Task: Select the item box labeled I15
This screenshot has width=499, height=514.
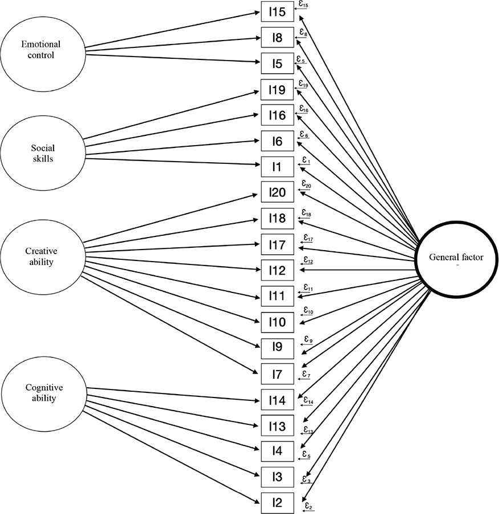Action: click(x=277, y=12)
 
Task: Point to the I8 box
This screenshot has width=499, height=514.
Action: click(x=277, y=38)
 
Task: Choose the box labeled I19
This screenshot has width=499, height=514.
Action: click(x=277, y=90)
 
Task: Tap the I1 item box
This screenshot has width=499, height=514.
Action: click(x=277, y=167)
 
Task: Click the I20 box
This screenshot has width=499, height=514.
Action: click(x=277, y=193)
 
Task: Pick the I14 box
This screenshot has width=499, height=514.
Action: click(x=277, y=399)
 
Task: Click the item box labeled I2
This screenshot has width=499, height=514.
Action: click(x=277, y=502)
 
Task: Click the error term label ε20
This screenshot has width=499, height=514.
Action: click(x=307, y=185)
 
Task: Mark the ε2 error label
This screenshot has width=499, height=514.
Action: click(x=307, y=505)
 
